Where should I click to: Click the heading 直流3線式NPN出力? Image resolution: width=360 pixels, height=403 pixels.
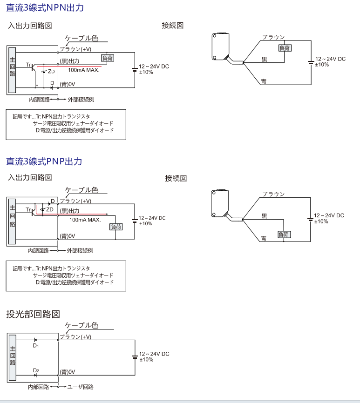point(45,8)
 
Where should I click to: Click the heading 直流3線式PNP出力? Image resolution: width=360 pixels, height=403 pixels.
point(44,161)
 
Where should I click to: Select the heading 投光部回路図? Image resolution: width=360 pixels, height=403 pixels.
point(33,314)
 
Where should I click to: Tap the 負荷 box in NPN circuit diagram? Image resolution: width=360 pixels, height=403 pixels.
point(108,58)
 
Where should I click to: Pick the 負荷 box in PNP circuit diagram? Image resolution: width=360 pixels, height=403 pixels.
point(116,227)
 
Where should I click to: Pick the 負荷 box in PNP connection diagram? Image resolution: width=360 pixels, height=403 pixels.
point(283,235)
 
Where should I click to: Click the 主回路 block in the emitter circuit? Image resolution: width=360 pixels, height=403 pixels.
point(13,356)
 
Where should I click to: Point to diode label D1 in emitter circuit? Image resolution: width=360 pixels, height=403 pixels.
point(36,346)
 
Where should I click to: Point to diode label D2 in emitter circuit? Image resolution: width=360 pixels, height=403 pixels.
point(36,370)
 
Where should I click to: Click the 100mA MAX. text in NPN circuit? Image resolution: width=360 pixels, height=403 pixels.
point(84,70)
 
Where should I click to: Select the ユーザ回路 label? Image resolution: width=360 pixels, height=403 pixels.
point(81,387)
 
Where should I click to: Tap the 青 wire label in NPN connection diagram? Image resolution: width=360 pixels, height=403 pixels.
point(264,81)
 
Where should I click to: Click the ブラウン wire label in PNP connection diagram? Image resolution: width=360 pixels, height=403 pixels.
point(273,194)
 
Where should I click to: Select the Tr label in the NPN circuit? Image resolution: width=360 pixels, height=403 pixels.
point(29,64)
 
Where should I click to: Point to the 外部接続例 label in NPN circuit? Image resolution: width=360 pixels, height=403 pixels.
point(81,99)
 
